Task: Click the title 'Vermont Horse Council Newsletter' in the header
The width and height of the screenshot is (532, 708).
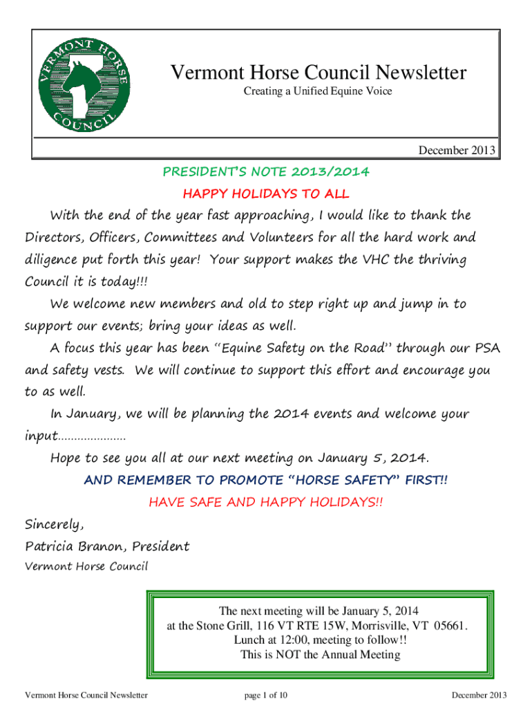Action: coord(318,73)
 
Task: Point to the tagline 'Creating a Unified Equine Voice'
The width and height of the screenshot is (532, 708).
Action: coord(317,91)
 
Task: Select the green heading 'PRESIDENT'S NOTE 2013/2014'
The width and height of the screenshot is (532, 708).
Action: coord(266,171)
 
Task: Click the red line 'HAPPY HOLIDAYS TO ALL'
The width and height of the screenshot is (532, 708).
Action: coord(266,194)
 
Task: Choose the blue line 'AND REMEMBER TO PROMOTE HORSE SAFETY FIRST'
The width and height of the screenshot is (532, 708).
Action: coord(266,480)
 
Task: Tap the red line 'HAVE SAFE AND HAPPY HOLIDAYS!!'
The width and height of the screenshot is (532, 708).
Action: coord(266,502)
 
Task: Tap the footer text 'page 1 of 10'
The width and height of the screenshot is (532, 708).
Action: coord(266,695)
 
